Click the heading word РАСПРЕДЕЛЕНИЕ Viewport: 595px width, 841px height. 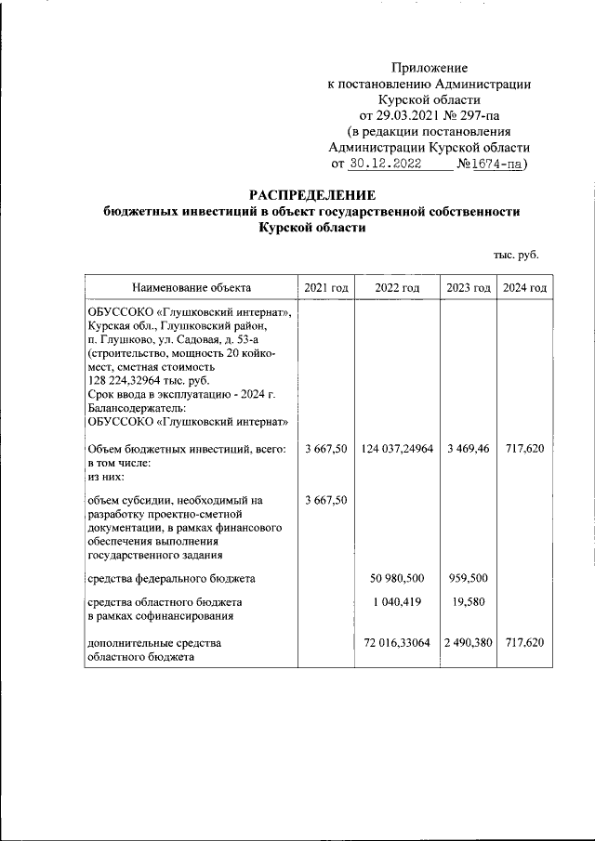point(311,195)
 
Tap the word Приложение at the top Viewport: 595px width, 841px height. point(430,68)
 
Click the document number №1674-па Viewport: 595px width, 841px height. point(490,164)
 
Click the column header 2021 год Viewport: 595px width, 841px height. point(325,287)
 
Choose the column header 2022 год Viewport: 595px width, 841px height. point(397,287)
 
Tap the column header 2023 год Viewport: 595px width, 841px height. point(468,287)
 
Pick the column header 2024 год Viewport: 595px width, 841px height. point(524,287)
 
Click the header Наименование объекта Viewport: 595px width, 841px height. point(191,287)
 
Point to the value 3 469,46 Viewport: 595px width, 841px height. point(468,448)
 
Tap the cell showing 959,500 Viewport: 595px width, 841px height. point(469,578)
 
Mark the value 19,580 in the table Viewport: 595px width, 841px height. point(469,601)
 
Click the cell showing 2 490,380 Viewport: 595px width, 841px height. point(468,642)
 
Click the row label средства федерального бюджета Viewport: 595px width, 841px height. point(171,578)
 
